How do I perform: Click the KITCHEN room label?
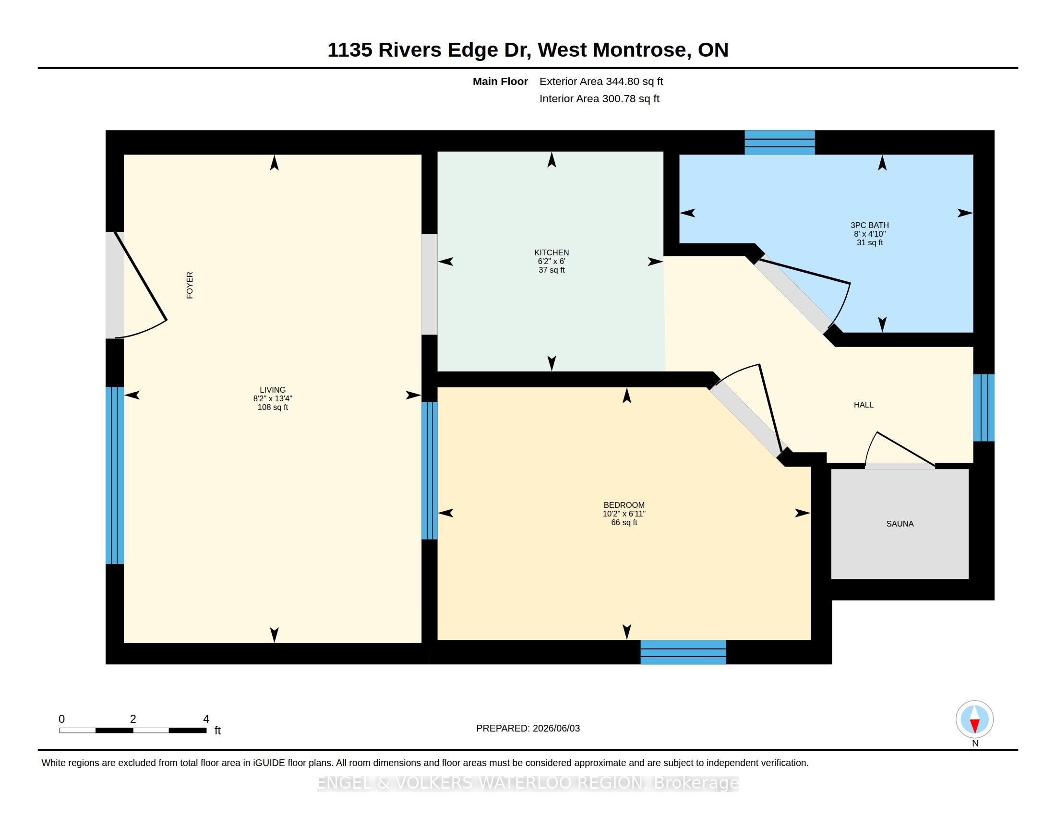[551, 252]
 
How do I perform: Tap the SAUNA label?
[900, 524]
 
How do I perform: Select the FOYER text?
[190, 285]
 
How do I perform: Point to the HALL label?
[864, 405]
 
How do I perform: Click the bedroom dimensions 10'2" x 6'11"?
[624, 514]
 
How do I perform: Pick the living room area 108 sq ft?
[273, 407]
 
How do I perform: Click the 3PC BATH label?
[869, 225]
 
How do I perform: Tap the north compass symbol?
[974, 720]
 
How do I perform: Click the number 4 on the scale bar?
[206, 719]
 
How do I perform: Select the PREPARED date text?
[528, 728]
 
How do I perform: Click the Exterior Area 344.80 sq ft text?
[601, 81]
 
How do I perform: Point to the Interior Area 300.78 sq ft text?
[599, 98]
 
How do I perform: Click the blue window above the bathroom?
[780, 143]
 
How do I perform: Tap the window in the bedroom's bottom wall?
[683, 652]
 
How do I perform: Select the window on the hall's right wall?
[984, 408]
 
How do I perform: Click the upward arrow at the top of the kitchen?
[552, 159]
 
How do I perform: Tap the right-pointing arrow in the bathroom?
[965, 213]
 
